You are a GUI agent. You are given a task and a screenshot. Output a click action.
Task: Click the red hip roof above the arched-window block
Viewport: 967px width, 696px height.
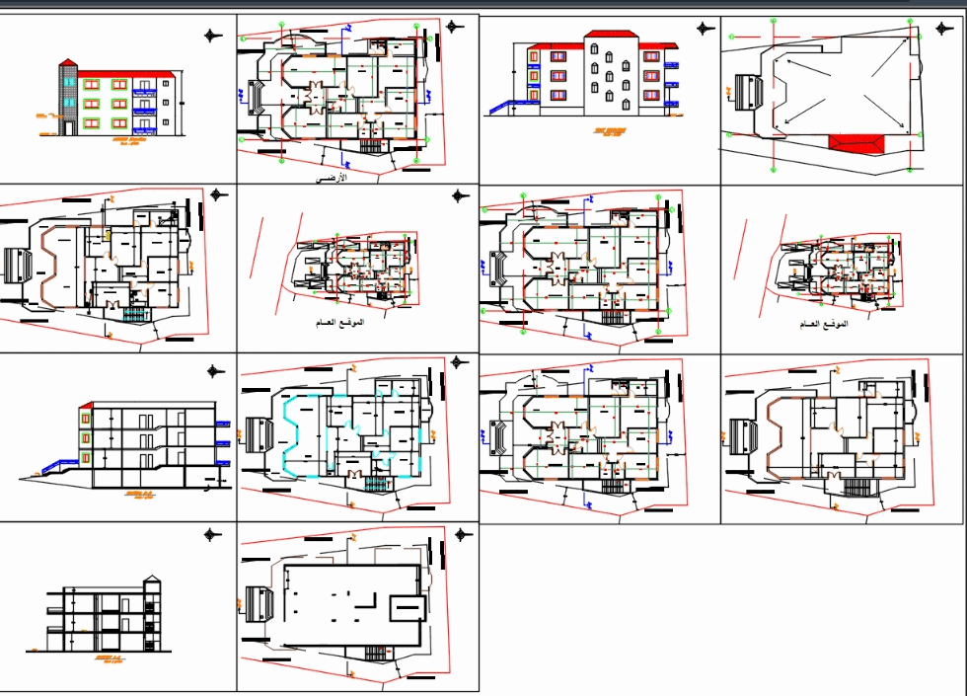(610, 35)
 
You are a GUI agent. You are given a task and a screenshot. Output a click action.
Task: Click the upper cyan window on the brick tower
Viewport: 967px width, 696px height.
(66, 83)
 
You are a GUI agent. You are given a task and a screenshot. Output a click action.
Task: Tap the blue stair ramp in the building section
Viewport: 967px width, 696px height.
(61, 467)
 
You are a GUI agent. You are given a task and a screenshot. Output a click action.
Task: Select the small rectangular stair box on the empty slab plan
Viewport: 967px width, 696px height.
(408, 608)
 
